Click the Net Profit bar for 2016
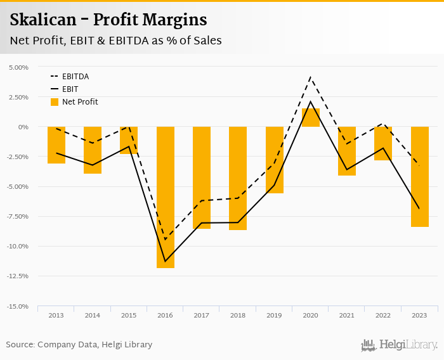point(166,197)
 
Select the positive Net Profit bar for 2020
point(311,118)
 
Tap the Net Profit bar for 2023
point(420,177)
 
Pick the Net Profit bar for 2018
point(238,178)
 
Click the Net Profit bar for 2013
point(56,145)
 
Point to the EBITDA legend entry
point(75,77)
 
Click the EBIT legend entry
point(70,89)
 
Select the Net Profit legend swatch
point(55,102)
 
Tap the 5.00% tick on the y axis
point(19,67)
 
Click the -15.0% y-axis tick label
point(18,306)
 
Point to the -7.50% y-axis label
point(18,216)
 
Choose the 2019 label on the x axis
point(274,315)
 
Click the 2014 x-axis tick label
point(93,315)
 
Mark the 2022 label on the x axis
point(383,315)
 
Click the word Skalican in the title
point(40,20)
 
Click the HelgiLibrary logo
point(400,345)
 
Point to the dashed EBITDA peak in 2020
point(311,77)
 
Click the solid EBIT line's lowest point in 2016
point(166,261)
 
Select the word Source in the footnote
point(20,345)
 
